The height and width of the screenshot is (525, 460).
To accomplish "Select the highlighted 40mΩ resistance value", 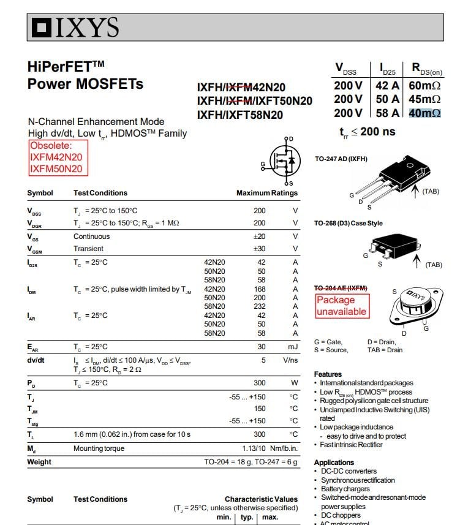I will click(424, 113).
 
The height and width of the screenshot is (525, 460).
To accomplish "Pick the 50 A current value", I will click(388, 99).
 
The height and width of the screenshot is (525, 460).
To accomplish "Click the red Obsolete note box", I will click(58, 158).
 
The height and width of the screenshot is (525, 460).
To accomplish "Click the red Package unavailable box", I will click(342, 306).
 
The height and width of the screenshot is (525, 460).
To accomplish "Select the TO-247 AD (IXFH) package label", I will click(341, 159).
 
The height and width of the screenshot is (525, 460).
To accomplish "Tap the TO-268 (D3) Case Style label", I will click(348, 223).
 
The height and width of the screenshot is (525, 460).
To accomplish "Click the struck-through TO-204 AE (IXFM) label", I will click(341, 287).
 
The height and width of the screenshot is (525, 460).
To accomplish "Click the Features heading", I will click(328, 374).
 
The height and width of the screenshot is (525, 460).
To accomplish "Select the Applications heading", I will click(334, 463).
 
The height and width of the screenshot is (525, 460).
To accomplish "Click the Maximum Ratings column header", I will click(266, 193).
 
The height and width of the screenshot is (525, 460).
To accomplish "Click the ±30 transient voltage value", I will click(259, 249).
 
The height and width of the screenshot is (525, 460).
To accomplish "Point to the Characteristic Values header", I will click(261, 499).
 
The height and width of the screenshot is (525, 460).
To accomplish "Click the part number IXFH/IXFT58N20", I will click(240, 115).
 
